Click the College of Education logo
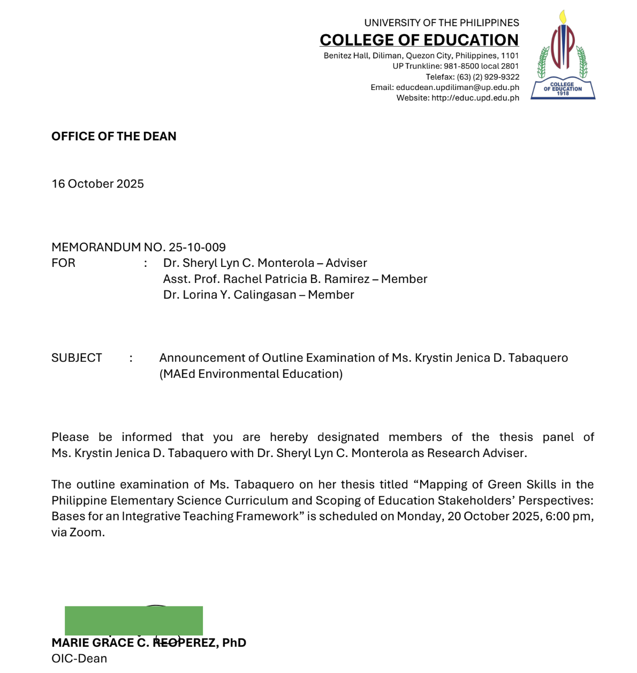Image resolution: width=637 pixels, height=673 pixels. (563, 55)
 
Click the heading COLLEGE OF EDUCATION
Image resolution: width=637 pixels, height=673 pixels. (419, 40)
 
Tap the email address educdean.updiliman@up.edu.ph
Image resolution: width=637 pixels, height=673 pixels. (458, 87)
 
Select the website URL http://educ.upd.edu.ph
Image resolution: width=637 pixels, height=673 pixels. (475, 98)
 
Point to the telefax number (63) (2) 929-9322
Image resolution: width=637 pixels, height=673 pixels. (488, 77)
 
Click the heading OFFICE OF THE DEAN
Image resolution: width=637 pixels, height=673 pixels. (114, 136)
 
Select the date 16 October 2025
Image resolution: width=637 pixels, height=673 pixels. (98, 184)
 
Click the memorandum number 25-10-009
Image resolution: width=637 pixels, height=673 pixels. (197, 247)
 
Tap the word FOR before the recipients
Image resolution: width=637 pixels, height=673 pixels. (63, 263)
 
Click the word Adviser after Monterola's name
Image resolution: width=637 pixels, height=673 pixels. (346, 263)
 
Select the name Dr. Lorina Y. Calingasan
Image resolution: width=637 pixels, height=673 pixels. (230, 295)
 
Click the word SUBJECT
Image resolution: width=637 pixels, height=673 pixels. (77, 358)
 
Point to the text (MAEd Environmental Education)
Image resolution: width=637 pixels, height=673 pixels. (251, 374)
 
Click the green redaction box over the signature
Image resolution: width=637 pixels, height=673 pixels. (134, 620)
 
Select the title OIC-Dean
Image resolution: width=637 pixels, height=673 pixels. (79, 659)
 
